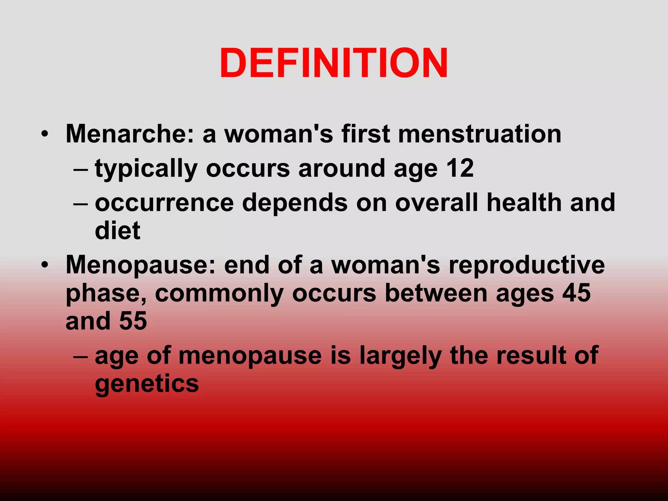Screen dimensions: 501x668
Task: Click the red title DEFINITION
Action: click(334, 63)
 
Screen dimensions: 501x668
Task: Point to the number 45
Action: click(576, 293)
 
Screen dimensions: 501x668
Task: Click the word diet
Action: click(117, 231)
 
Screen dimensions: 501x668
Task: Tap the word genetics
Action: click(147, 384)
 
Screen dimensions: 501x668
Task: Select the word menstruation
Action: click(480, 134)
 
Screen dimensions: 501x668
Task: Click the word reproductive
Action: click(526, 265)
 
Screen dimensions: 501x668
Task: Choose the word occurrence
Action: click(164, 203)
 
